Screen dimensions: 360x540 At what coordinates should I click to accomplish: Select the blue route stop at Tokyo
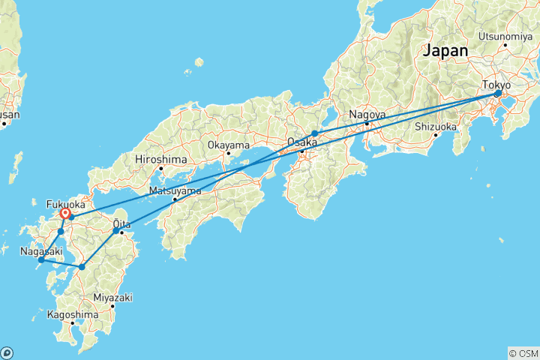coord(497,94)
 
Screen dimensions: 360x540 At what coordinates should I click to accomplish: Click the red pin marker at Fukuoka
coord(65,214)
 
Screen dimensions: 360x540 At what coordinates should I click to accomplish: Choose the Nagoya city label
coord(366,115)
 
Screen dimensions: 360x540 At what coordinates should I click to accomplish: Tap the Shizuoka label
coord(436,126)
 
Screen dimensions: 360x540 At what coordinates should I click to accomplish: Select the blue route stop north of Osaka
coord(315,133)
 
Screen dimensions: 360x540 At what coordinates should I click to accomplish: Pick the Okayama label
coord(228,145)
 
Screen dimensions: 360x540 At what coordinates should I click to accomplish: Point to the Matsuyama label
coord(175,190)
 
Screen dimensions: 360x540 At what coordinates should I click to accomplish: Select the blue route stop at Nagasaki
coord(41,260)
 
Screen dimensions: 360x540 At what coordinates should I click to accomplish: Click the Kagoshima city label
coord(72,315)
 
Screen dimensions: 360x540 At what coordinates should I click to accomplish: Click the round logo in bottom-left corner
coord(7,352)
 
